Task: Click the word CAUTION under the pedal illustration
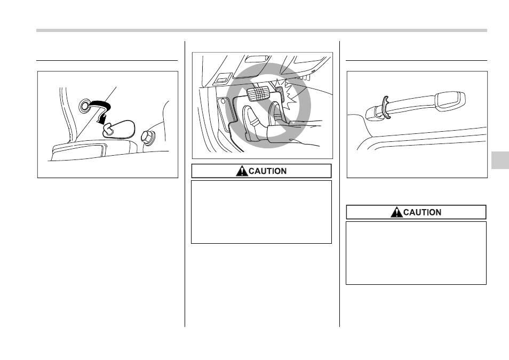click(267, 171)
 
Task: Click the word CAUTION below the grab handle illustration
click(422, 212)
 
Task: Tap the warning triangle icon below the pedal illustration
click(242, 171)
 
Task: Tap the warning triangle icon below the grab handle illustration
click(396, 212)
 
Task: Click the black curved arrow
click(103, 107)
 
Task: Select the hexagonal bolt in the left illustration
click(148, 138)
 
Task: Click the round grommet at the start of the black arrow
click(84, 106)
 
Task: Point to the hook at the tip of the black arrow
click(107, 130)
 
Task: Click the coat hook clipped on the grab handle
click(385, 106)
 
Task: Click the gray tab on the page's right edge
click(500, 160)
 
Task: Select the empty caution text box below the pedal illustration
click(261, 212)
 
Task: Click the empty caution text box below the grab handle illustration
click(416, 253)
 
